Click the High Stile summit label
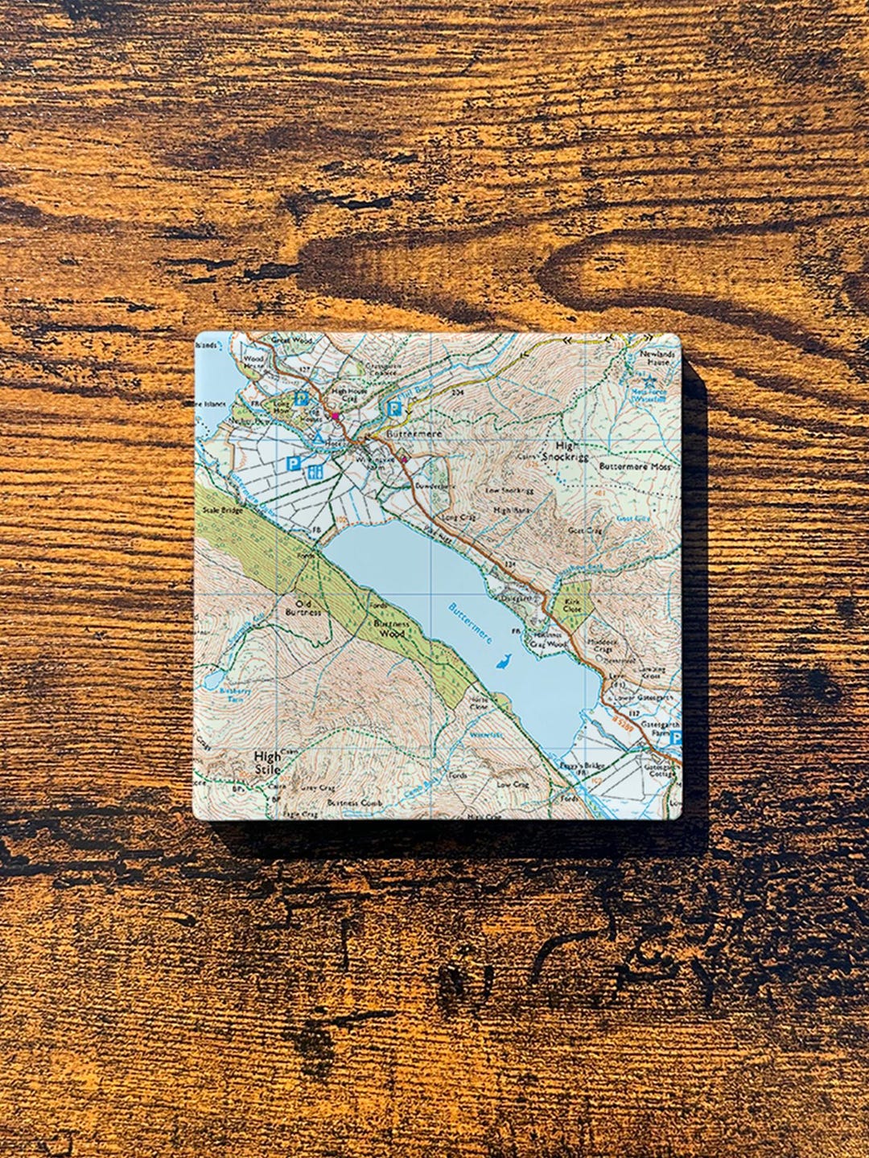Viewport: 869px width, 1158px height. tap(268, 762)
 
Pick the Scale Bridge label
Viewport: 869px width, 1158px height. tap(223, 510)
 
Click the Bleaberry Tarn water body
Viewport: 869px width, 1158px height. tap(214, 680)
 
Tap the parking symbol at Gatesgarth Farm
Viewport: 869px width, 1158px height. tap(676, 737)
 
